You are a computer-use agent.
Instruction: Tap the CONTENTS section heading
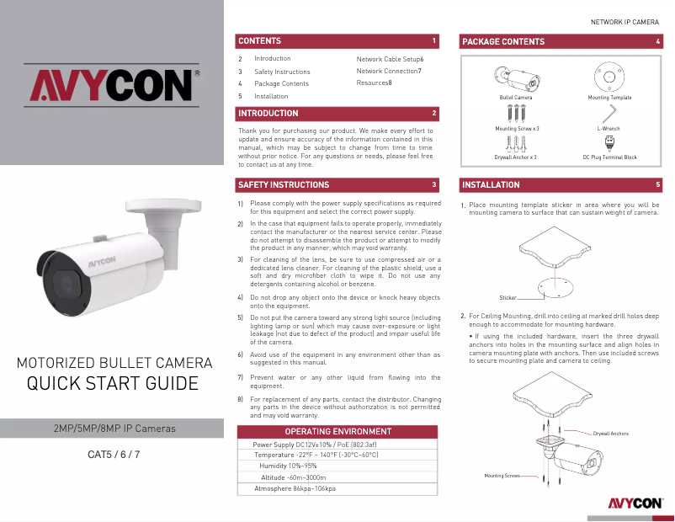click(x=260, y=40)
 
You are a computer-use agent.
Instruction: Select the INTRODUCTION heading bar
click(x=268, y=113)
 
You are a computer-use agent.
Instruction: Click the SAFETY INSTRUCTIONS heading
click(x=284, y=184)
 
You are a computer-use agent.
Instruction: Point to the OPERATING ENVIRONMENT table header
click(x=338, y=431)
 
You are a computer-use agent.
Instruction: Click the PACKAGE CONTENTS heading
click(x=503, y=41)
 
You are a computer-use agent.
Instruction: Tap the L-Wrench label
click(x=609, y=129)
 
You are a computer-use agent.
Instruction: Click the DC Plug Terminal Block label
click(x=609, y=157)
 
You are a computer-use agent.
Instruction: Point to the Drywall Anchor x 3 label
click(x=515, y=157)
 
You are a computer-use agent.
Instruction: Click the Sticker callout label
click(x=508, y=298)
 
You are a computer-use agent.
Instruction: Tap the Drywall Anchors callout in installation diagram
click(x=610, y=434)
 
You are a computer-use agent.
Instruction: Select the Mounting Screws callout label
click(x=502, y=476)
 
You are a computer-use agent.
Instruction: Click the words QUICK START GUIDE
click(x=113, y=384)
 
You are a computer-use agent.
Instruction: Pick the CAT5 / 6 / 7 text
click(x=114, y=455)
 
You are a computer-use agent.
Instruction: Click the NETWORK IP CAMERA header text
click(x=624, y=21)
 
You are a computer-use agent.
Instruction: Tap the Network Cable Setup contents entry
click(x=390, y=59)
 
